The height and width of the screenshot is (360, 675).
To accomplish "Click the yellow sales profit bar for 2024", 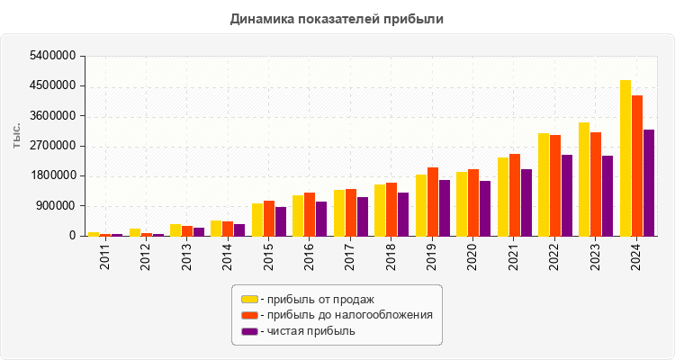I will (625, 157).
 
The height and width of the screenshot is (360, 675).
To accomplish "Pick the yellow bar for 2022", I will (544, 184).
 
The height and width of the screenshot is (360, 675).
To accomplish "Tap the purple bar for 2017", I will (363, 216).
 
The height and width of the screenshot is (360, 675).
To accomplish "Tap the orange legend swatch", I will (249, 315).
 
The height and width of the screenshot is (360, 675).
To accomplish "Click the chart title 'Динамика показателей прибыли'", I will (337, 18).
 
